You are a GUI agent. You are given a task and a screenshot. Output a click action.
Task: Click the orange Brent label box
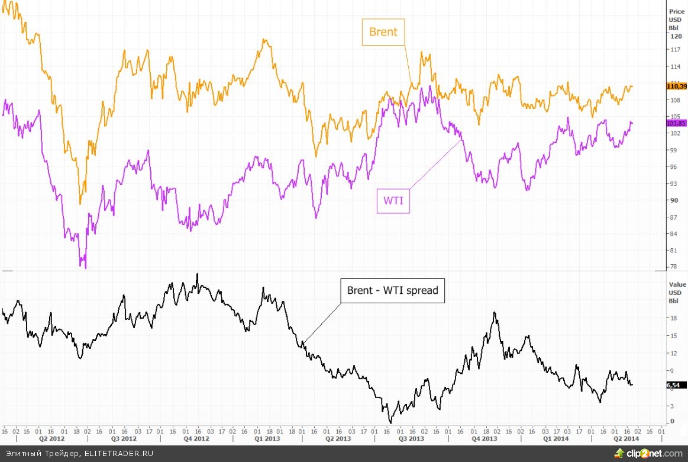click(x=383, y=32)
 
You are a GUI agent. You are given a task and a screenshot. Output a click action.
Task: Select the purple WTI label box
click(x=393, y=201)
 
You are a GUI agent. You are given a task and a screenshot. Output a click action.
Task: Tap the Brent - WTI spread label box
click(x=392, y=290)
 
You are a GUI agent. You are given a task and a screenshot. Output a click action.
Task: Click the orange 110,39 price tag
click(x=676, y=86)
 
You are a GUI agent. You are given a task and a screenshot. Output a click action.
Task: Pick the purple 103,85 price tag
click(x=676, y=123)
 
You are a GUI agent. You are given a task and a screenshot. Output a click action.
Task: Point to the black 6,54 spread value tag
click(x=673, y=386)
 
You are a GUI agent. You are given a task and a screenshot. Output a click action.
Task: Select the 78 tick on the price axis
click(x=673, y=267)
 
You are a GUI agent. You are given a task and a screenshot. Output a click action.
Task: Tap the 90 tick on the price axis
click(x=673, y=200)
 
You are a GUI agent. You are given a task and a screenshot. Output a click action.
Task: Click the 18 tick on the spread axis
click(x=673, y=318)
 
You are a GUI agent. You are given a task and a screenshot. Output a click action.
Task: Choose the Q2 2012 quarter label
click(x=51, y=439)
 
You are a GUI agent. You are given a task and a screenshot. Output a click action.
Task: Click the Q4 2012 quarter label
click(x=196, y=439)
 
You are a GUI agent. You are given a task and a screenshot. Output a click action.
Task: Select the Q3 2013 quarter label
click(x=411, y=439)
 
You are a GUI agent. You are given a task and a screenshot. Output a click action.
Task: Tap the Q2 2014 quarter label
click(x=625, y=439)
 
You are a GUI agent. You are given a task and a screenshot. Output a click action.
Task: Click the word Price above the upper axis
click(x=677, y=11)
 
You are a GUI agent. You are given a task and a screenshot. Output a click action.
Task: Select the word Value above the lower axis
click(x=677, y=284)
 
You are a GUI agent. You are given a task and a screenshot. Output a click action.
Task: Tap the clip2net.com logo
click(x=648, y=454)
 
